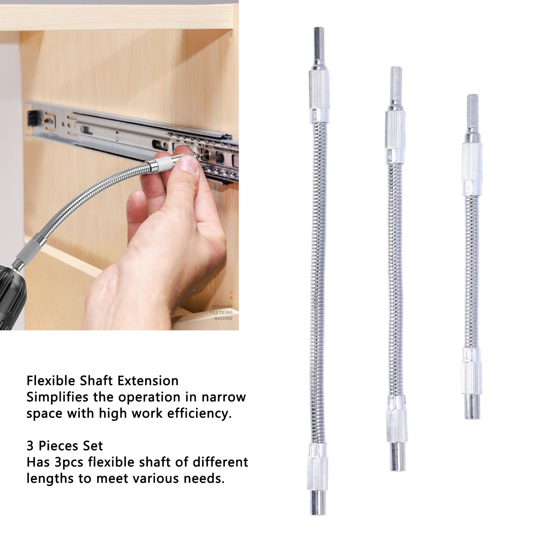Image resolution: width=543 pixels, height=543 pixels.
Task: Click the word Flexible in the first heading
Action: tap(51, 381)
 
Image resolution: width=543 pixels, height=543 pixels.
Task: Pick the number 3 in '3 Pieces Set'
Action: tap(30, 446)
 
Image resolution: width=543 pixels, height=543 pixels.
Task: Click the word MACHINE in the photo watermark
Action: tap(223, 318)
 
